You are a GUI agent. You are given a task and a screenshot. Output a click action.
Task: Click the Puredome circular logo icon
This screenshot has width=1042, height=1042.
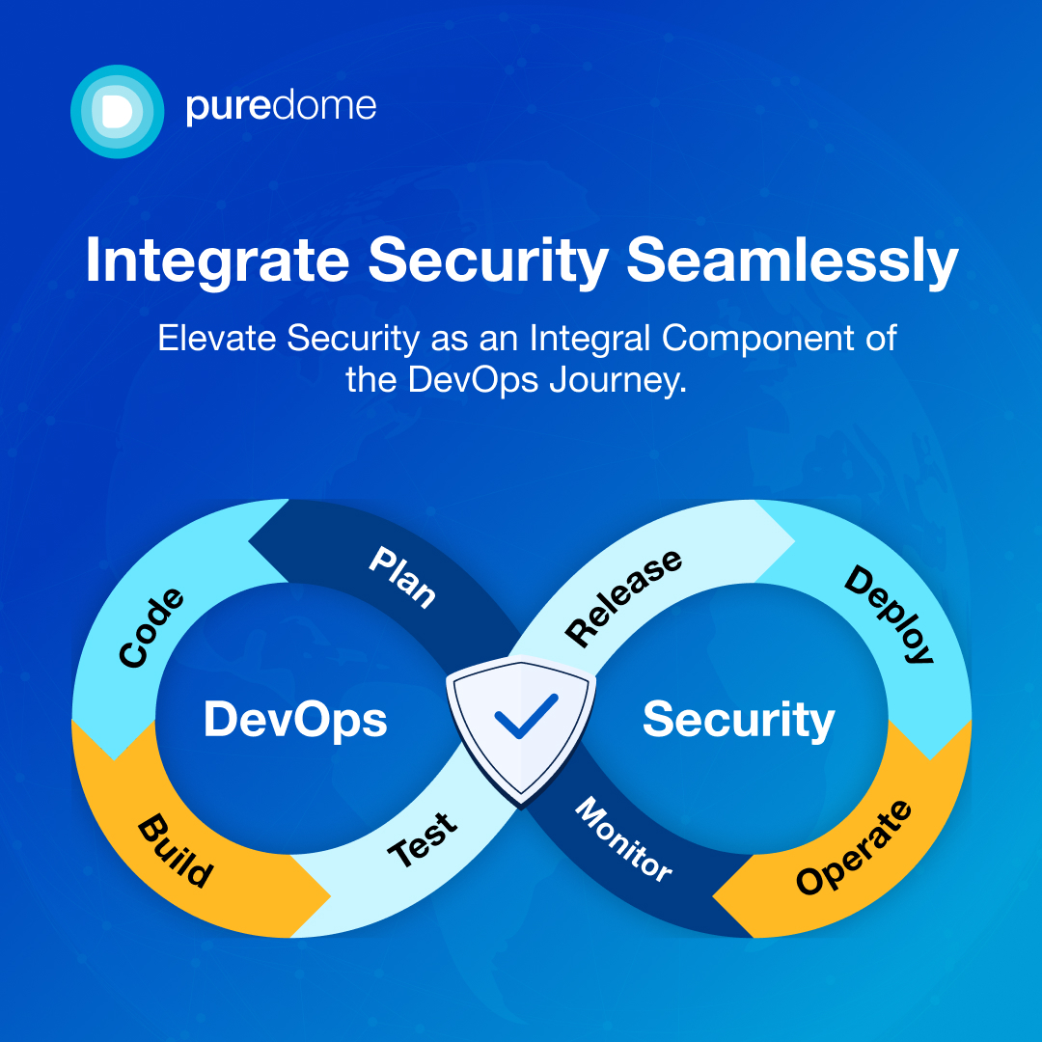coord(118,111)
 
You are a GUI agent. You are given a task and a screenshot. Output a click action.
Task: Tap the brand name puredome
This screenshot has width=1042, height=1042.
coord(281,106)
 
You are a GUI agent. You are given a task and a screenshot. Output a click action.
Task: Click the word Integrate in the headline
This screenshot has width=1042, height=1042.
coord(217,260)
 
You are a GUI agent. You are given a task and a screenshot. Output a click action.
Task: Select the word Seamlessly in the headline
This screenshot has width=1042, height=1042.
coord(792,260)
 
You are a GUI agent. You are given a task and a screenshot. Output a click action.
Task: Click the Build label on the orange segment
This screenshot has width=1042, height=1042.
coord(175,851)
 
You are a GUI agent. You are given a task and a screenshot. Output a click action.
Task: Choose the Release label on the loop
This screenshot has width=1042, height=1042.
coord(623,598)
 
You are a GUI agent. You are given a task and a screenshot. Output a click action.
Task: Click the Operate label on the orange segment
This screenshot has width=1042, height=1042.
coord(854,848)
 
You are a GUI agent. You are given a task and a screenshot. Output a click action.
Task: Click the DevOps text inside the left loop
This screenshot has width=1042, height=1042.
coord(295,720)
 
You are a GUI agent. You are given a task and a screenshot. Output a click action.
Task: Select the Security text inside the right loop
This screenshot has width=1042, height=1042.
coord(738,720)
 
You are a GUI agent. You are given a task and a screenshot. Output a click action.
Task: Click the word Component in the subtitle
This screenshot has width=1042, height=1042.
coord(739,339)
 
